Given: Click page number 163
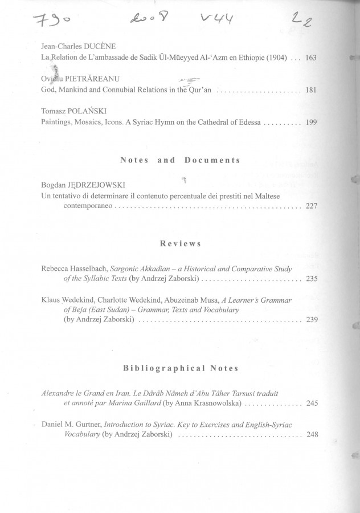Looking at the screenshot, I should point(311,58).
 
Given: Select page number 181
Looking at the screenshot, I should point(311,90).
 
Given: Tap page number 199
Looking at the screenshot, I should point(311,122).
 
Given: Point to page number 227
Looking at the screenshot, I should point(311,206).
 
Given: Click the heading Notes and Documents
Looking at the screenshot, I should point(180,161).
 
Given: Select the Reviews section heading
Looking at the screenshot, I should point(180,243).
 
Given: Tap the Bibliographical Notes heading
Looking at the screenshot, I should point(180,368).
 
